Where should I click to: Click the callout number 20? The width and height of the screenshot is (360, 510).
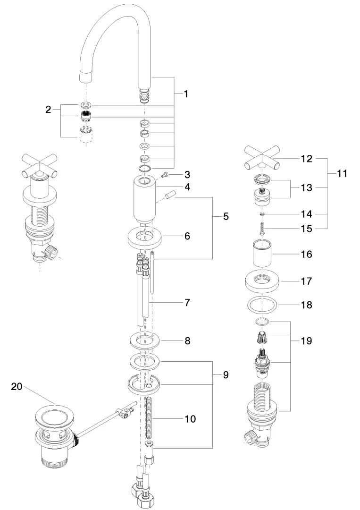click(x=17, y=386)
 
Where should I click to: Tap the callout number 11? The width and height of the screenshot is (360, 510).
click(x=342, y=174)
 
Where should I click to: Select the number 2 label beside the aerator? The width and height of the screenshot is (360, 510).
click(x=48, y=110)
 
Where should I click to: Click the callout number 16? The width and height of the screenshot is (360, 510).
click(x=306, y=254)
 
